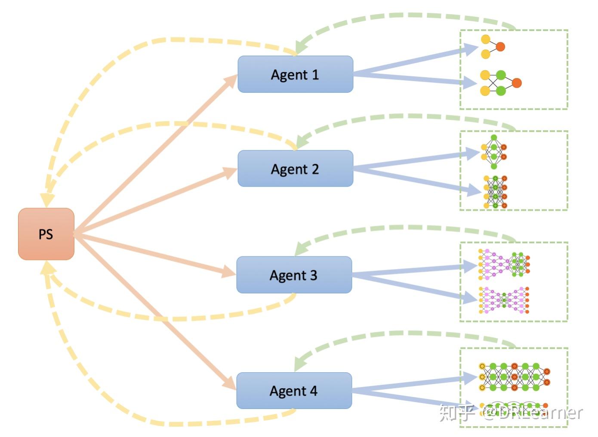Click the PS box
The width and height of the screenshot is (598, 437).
[x=46, y=234]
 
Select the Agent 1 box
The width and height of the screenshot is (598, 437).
[x=295, y=74]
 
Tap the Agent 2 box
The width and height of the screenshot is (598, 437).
[x=295, y=169]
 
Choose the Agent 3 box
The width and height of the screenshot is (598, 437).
[x=294, y=275]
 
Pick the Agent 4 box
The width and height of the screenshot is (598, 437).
[x=294, y=390]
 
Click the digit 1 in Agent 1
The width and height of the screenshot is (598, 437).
[x=315, y=75]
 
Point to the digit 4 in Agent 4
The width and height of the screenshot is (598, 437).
[x=314, y=391]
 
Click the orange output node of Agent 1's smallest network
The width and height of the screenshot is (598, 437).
[x=500, y=47]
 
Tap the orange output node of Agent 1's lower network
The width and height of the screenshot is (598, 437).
[x=517, y=83]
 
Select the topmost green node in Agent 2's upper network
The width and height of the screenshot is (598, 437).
[x=494, y=137]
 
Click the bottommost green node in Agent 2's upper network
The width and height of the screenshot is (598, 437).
[x=494, y=166]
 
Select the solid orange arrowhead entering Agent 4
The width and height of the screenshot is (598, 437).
[x=230, y=382]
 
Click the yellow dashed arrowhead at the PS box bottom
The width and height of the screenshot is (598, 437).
[x=47, y=268]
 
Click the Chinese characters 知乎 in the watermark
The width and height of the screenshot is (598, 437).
[x=457, y=413]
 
